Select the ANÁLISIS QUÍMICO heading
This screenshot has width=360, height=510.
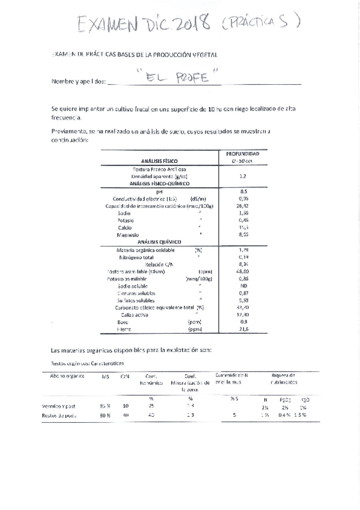pyautogui.click(x=159, y=241)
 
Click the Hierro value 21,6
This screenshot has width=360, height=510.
pyautogui.click(x=243, y=330)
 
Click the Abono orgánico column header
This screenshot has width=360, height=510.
pyautogui.click(x=64, y=376)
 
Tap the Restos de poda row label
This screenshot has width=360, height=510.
pyautogui.click(x=58, y=414)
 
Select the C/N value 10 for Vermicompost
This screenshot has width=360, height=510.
pyautogui.click(x=126, y=406)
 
